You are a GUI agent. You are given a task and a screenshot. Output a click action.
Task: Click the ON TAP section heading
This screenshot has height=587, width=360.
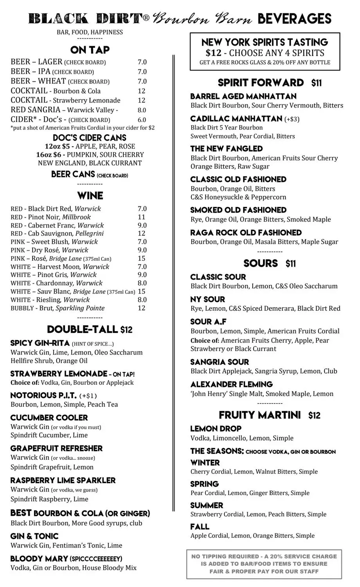coord(90,50)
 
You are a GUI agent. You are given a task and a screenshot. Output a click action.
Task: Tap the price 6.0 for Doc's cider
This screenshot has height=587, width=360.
coord(142,120)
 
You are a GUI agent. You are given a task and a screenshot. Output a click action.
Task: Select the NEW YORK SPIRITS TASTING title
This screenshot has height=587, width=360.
coord(265,42)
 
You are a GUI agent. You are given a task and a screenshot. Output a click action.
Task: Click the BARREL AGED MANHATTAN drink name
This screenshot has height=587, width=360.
coord(243,96)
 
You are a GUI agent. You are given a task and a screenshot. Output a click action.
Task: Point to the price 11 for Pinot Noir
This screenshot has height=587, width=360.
coord(142,217)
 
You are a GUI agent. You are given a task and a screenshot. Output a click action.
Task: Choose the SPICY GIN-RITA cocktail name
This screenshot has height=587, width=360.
coord(40,343)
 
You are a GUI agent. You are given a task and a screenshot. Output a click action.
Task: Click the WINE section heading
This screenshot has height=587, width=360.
coord(90,196)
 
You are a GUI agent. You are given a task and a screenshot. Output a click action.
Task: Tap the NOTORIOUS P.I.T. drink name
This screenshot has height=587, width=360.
coord(43,395)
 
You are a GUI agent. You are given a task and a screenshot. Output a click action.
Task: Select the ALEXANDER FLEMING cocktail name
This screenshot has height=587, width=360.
coord(231,384)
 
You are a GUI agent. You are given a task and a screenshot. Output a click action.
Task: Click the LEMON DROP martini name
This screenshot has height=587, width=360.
coord(216,429)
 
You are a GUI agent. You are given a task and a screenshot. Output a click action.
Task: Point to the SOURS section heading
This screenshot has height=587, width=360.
coord(261,263)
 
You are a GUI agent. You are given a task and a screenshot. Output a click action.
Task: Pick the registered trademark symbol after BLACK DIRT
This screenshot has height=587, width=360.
coord(146,18)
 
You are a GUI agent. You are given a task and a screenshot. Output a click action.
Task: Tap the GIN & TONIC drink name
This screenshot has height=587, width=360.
coord(34,536)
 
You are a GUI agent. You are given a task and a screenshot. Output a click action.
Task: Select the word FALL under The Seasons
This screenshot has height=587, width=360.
coord(200,526)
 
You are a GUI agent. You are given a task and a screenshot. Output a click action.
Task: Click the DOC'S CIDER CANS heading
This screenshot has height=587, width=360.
coord(90,138)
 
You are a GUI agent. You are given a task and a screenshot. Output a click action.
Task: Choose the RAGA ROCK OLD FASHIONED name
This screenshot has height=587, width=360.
coord(246,232)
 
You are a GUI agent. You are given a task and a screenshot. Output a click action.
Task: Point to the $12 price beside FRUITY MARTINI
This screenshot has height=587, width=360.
coord(314,416)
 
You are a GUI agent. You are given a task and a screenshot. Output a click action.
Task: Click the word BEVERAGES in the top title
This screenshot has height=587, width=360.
coord(295,18)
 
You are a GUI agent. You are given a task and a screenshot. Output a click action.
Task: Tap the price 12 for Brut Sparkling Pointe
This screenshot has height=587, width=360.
coord(142,308)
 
